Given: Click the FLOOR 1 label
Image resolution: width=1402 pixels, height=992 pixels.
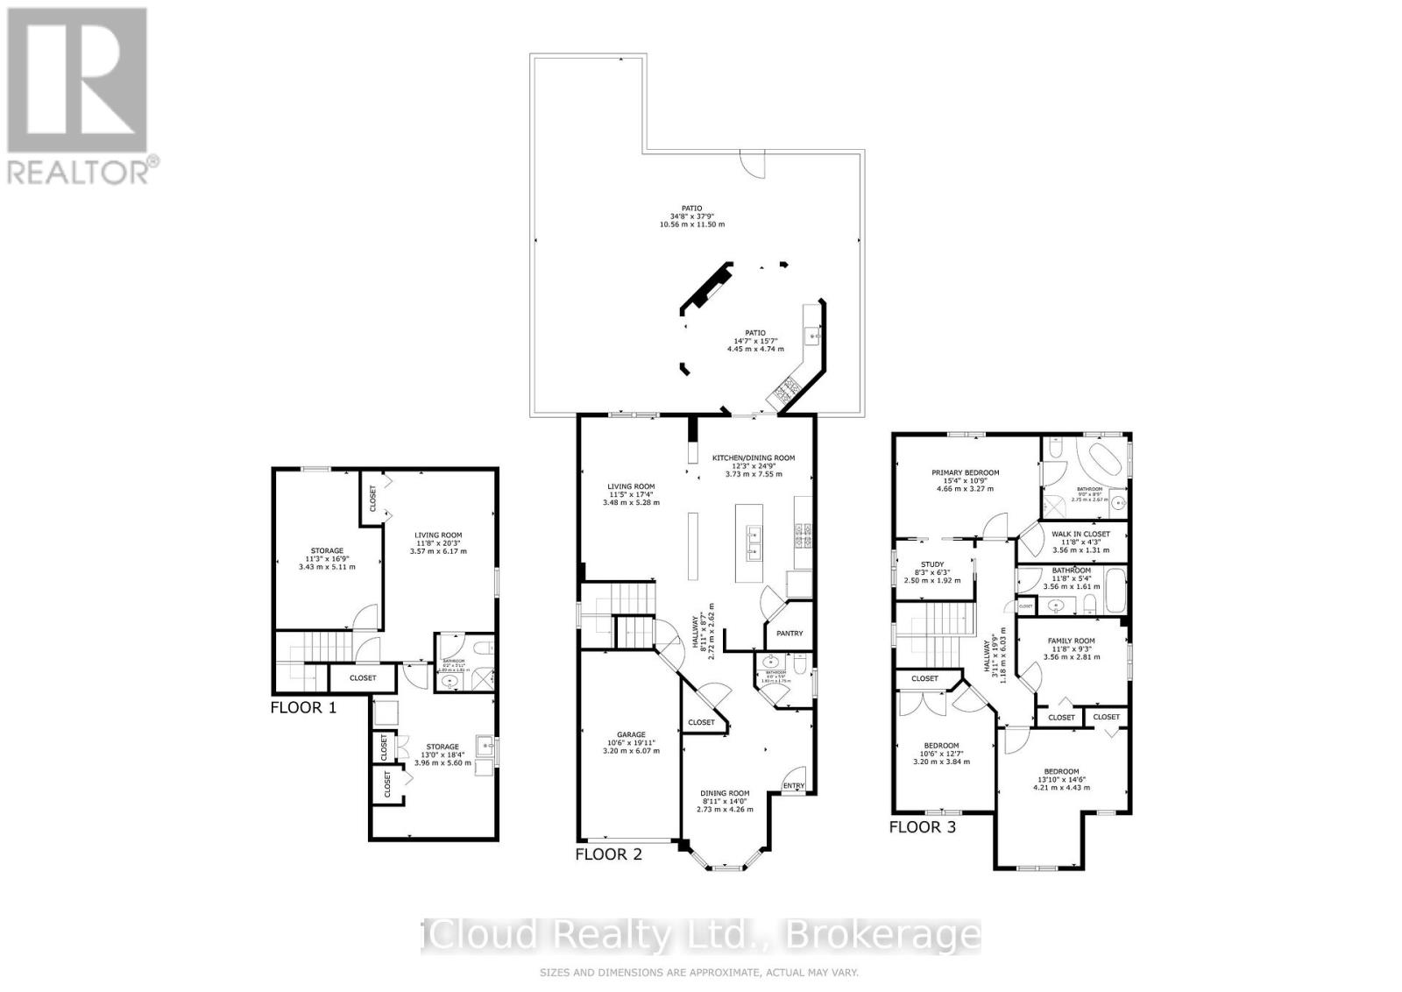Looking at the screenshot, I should pos(303,707).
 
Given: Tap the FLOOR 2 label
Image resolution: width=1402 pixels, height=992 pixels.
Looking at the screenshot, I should pos(609,854).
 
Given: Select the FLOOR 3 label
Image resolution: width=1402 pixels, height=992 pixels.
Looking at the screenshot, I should pos(923,826).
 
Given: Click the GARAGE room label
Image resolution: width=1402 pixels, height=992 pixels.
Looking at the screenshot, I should pos(631,734).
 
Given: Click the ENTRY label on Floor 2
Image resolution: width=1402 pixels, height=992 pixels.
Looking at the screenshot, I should pos(794,785).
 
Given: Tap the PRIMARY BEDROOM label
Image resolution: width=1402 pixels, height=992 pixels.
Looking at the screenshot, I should pos(965,472).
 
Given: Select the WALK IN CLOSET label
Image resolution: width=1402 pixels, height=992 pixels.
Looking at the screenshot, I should pos(1080,534).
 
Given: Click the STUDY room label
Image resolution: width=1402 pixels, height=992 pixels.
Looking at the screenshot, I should pos(931,564).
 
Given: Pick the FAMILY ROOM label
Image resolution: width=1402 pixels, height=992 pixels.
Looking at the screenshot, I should pos(1071,641).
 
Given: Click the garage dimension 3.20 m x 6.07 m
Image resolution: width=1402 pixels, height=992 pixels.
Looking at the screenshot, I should pos(631,751).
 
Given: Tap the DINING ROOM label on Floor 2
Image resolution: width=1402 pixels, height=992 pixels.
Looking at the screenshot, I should pos(725,793).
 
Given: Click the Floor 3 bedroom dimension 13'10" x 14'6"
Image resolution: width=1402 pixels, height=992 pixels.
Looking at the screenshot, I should pos(1060,779).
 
